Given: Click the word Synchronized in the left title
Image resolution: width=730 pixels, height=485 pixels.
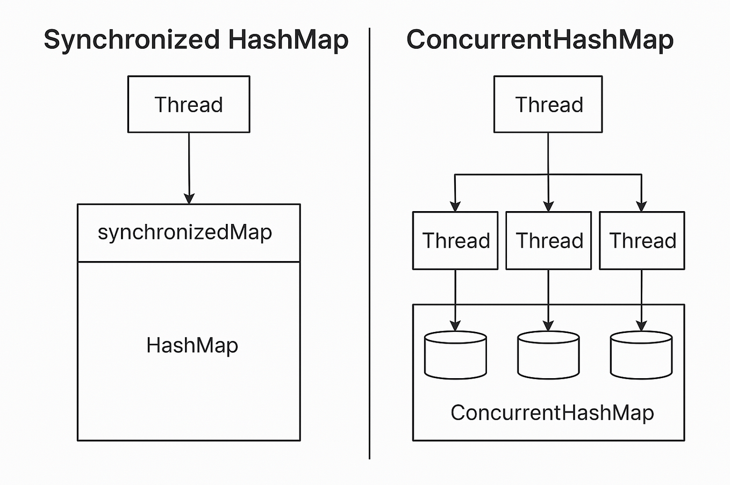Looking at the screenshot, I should [x=132, y=40].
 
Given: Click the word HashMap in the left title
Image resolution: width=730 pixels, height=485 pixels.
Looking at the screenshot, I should [x=288, y=40].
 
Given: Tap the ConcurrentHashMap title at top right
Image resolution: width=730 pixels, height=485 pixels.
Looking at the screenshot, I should [x=540, y=40].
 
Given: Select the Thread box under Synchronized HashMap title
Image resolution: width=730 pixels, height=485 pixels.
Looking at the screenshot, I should [x=189, y=104].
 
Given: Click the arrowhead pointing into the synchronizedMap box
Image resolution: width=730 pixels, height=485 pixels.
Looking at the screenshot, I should [x=189, y=198].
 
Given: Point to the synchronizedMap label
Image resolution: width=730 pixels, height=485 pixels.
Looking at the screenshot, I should [x=185, y=233].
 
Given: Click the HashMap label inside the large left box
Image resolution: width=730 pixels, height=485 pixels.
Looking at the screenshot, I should [x=192, y=345].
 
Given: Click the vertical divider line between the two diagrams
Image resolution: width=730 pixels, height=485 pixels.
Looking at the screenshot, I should [x=370, y=242].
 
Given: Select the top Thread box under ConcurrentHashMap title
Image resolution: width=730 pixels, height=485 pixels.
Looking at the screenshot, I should [x=548, y=104].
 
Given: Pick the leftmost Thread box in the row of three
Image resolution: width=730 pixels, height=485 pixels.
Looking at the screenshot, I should [x=455, y=241].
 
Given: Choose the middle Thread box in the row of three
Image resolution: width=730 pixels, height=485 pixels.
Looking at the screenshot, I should [x=548, y=241].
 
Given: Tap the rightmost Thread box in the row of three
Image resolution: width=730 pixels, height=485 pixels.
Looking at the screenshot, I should [x=642, y=241].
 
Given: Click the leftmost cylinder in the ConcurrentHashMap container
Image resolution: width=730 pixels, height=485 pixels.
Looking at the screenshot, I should [x=455, y=355].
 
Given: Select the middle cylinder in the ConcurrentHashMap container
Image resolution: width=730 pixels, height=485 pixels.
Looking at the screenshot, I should [x=548, y=355].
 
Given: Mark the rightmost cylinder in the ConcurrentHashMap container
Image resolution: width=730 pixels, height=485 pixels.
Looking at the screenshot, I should [x=641, y=355].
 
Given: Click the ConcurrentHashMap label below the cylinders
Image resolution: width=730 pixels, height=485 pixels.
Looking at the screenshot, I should [x=552, y=413].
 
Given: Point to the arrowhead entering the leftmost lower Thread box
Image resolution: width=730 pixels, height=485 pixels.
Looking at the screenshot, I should [x=455, y=206].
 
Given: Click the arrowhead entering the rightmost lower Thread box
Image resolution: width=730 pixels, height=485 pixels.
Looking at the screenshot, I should [x=641, y=206].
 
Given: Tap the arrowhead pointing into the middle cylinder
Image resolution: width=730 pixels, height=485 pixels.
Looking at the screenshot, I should [x=548, y=325].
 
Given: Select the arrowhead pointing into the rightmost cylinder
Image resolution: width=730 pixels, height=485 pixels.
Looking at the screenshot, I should [x=641, y=325].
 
